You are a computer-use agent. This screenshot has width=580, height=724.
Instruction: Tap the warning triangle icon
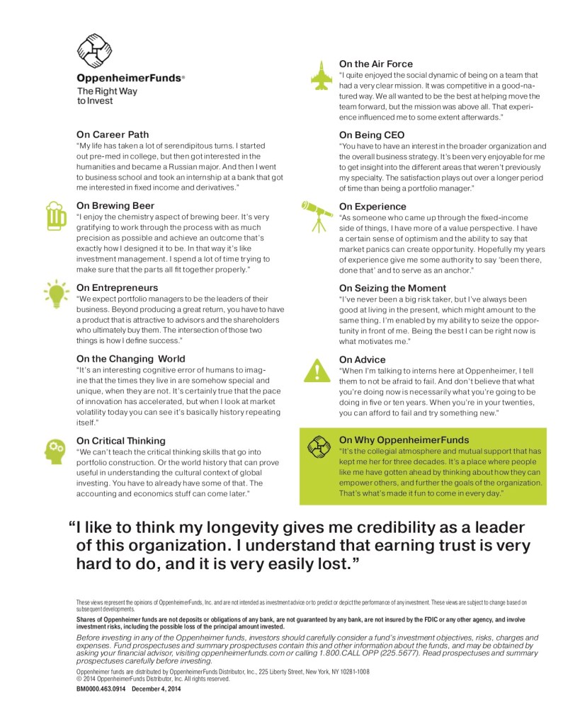click(x=317, y=369)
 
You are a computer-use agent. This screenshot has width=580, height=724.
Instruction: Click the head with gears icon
click(x=55, y=450)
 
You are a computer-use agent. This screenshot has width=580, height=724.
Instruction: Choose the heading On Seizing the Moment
click(x=392, y=288)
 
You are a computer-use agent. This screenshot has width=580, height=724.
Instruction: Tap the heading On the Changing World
click(x=131, y=359)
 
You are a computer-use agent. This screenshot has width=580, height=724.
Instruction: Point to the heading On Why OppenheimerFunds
click(x=404, y=439)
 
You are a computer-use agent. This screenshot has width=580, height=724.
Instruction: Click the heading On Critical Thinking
click(x=121, y=440)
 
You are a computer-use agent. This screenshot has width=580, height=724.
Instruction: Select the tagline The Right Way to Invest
click(x=107, y=96)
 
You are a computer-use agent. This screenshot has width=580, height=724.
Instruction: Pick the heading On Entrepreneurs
click(x=117, y=288)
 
